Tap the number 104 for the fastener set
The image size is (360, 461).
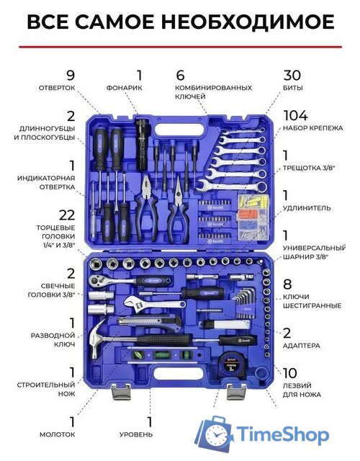(295, 115)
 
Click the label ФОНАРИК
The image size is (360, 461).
(124, 88)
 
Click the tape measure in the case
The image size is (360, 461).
(230, 365)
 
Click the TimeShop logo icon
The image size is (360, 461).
(215, 434)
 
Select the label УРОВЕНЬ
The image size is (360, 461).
(136, 434)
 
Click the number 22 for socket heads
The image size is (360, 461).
(67, 215)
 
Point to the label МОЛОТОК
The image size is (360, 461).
(58, 434)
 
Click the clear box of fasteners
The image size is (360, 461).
(253, 217)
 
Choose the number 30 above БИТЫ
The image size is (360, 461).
(292, 75)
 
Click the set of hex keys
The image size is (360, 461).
(243, 303)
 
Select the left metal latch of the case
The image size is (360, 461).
(121, 392)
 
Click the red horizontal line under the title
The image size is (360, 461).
(181, 46)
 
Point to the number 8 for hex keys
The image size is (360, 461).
(287, 285)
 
